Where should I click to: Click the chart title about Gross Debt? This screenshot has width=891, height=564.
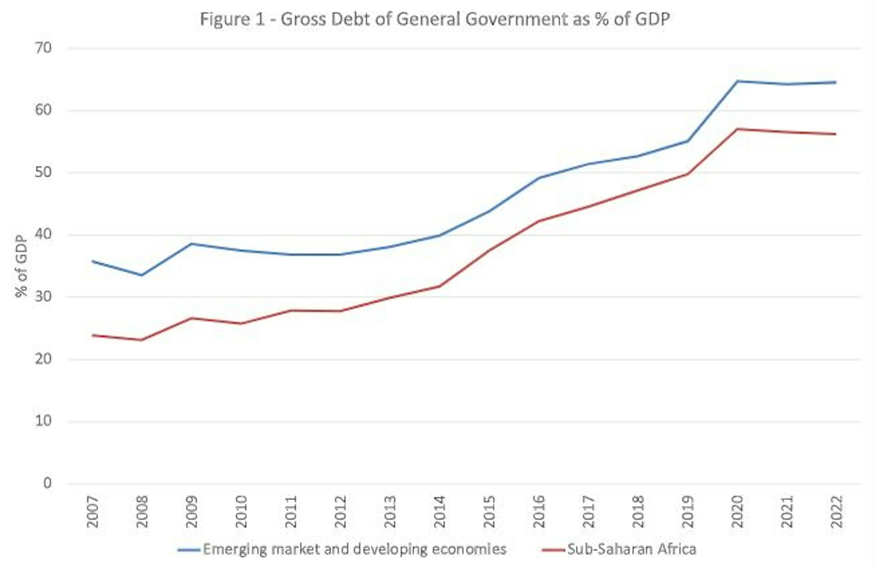pos(435,19)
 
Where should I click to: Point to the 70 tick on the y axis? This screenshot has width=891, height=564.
pos(43,48)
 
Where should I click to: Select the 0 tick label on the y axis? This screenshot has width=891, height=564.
pos(47,483)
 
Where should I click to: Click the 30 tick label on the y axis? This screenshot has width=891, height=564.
pos(43,296)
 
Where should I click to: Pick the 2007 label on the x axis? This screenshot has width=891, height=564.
pos(93,512)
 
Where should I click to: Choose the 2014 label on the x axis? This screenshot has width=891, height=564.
pos(439,512)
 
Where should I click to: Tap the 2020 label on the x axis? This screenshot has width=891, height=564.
pos(737,512)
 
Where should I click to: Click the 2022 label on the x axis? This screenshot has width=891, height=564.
pos(836,512)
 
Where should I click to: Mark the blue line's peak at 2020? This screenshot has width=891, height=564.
pos(737,81)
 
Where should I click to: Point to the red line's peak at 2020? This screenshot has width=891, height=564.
pos(737,129)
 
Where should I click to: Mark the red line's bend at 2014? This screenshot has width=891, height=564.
pos(439,286)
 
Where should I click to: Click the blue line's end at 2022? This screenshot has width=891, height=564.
pos(836,83)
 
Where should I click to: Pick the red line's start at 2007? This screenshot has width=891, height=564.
pos(93,335)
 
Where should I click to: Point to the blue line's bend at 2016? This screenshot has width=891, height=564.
pos(539,178)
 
